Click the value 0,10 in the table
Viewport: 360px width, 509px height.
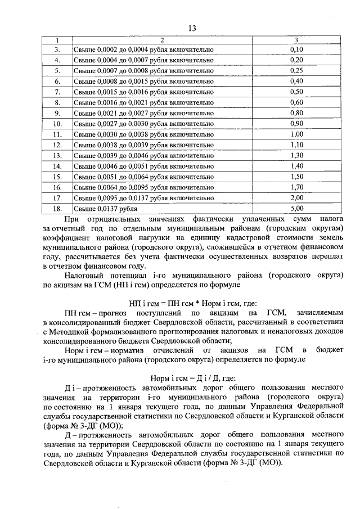[296, 49]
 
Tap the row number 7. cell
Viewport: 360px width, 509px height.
[57, 92]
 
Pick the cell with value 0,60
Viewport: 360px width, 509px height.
[296, 102]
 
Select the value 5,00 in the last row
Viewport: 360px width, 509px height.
[296, 209]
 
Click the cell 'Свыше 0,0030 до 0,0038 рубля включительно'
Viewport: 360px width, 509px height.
[144, 134]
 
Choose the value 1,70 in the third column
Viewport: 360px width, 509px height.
[296, 187]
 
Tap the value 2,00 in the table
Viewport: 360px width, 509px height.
[296, 198]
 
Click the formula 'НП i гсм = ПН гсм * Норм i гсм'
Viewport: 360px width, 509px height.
[186, 302]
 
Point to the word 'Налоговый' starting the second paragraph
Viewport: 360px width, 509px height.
[84, 277]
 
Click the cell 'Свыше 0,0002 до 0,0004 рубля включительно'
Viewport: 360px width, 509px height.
[144, 49]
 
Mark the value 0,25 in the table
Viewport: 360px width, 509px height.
[296, 70]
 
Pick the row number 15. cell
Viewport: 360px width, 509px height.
[57, 177]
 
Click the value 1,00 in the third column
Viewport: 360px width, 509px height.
[296, 134]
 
